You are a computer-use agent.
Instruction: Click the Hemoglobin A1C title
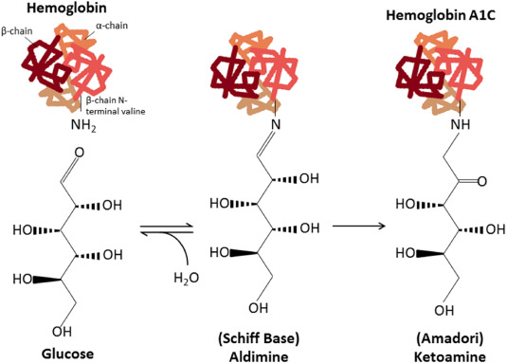click(x=441, y=15)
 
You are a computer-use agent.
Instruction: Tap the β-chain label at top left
click(x=17, y=31)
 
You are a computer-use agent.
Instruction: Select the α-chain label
click(x=112, y=26)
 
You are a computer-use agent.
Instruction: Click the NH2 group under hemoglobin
click(x=83, y=125)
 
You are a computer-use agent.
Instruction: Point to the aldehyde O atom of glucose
click(x=80, y=153)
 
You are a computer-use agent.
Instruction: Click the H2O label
click(x=187, y=278)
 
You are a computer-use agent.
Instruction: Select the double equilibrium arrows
click(x=167, y=229)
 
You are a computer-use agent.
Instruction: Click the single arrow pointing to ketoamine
click(x=359, y=226)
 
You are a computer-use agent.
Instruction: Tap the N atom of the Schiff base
click(x=276, y=125)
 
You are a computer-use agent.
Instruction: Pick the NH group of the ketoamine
click(x=461, y=124)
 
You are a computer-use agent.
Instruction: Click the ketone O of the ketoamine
click(x=481, y=181)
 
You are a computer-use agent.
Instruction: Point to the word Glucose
click(x=67, y=354)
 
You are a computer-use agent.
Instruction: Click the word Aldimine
click(x=259, y=357)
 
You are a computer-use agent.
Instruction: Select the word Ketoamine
click(x=450, y=357)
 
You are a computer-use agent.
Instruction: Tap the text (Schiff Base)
click(x=259, y=338)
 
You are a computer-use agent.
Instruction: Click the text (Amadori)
click(x=450, y=338)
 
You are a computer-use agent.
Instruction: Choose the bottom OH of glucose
click(x=62, y=332)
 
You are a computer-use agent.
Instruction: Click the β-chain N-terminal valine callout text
click(x=116, y=106)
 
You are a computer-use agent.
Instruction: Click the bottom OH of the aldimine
click(x=259, y=308)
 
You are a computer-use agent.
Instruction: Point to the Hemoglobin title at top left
click(x=66, y=8)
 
